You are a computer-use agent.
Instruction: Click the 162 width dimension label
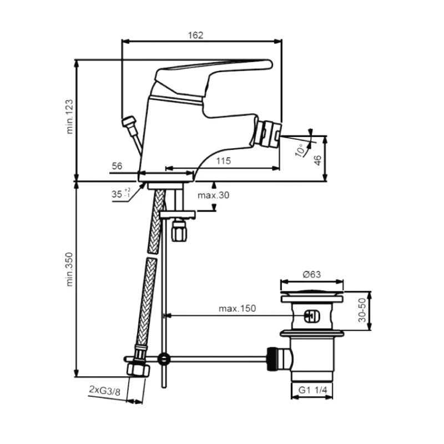point(196,35)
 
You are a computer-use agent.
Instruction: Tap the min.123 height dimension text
point(70,117)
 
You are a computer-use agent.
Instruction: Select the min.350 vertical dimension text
point(70,269)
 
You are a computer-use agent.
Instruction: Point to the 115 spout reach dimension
point(224,161)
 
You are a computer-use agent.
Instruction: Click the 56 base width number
point(117,166)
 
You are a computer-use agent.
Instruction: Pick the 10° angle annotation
point(300,150)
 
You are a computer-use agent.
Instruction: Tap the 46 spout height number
point(317,160)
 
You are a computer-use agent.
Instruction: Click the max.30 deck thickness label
point(213,195)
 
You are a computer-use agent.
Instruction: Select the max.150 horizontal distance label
point(238,309)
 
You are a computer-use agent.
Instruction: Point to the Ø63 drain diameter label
point(312,274)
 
